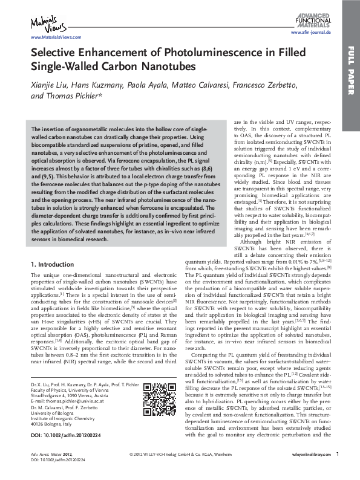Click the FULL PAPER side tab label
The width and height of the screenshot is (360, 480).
coord(351,78)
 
